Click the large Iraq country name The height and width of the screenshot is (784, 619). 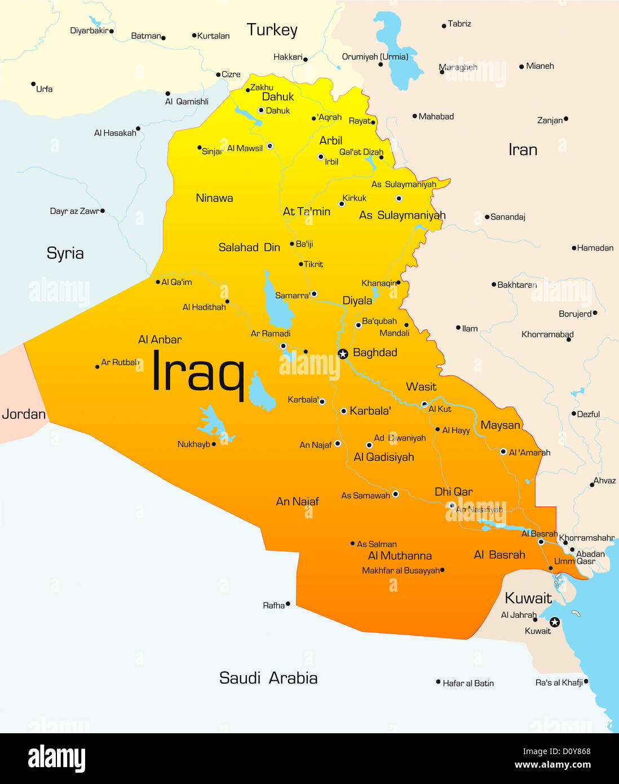pyautogui.click(x=198, y=371)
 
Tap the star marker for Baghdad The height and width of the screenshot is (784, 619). pyautogui.click(x=343, y=354)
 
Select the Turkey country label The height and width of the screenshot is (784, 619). pyautogui.click(x=272, y=30)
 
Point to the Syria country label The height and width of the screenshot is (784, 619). pyautogui.click(x=65, y=253)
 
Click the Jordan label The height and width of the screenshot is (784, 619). pyautogui.click(x=24, y=414)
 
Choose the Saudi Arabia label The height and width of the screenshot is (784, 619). pyautogui.click(x=268, y=678)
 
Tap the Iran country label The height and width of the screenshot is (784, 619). pyautogui.click(x=523, y=150)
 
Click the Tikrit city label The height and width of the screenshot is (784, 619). pyautogui.click(x=313, y=264)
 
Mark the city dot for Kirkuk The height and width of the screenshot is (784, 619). pyautogui.click(x=341, y=204)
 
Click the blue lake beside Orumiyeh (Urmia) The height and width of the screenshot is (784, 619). pyautogui.click(x=399, y=54)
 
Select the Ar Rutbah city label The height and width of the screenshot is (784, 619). pyautogui.click(x=120, y=363)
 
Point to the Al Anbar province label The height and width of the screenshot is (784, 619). pyautogui.click(x=160, y=340)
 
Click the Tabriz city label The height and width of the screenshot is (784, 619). pyautogui.click(x=459, y=24)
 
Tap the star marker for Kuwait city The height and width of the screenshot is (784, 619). pyautogui.click(x=555, y=622)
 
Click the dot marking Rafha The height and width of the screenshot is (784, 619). pyautogui.click(x=288, y=604)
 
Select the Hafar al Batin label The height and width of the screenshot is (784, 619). pyautogui.click(x=468, y=683)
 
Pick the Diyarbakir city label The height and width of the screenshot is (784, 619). pyautogui.click(x=89, y=30)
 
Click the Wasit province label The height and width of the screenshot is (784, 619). pyautogui.click(x=421, y=387)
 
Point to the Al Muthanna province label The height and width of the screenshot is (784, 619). pyautogui.click(x=400, y=556)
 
